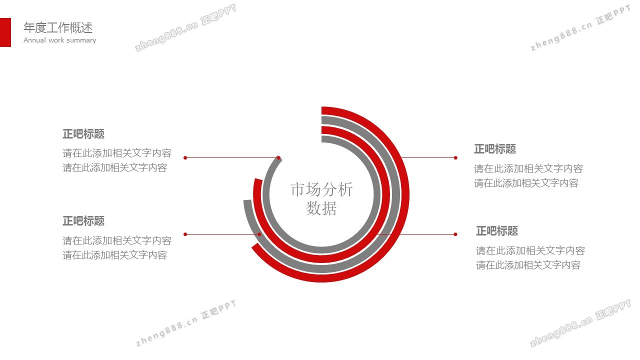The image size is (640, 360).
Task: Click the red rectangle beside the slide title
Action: tap(5, 32)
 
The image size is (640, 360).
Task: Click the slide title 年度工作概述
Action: tap(58, 27)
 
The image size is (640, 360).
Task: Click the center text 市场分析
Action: tap(321, 189)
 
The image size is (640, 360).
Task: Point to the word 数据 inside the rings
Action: tap(321, 208)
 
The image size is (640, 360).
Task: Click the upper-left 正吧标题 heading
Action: tap(83, 134)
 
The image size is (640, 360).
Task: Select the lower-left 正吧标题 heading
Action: tap(83, 221)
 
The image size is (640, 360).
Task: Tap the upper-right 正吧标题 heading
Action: tap(495, 149)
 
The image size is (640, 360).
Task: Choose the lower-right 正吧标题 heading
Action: tap(497, 231)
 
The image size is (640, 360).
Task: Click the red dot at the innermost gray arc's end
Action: tap(278, 157)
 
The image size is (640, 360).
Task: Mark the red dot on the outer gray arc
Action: tap(259, 234)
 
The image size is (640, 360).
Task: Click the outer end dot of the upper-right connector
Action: tap(455, 157)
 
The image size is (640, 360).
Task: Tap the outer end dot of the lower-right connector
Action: tap(455, 234)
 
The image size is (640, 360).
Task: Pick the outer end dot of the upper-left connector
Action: tap(185, 157)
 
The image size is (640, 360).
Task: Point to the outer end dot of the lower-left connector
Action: tap(185, 234)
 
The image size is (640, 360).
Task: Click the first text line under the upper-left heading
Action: tap(117, 153)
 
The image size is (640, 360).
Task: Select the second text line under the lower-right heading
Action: tap(528, 265)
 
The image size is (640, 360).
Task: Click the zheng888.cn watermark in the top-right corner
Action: tap(580, 28)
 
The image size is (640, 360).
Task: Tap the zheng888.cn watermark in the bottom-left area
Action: tap(186, 323)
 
